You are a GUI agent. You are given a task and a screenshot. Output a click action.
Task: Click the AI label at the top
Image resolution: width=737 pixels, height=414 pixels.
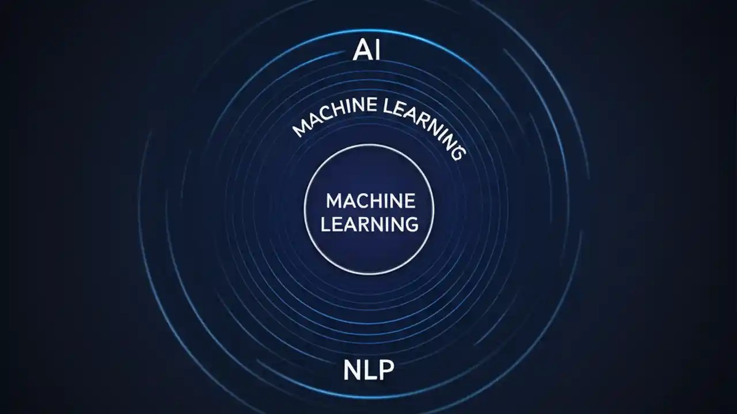(x=367, y=51)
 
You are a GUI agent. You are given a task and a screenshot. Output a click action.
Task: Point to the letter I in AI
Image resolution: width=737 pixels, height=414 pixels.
(x=377, y=51)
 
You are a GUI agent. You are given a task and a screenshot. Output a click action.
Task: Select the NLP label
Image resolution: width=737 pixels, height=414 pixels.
(x=368, y=370)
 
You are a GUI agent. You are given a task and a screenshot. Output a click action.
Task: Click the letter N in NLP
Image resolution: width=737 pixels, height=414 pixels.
(x=352, y=370)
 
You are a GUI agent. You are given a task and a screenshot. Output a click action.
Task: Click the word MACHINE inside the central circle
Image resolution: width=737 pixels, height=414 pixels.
(x=370, y=201)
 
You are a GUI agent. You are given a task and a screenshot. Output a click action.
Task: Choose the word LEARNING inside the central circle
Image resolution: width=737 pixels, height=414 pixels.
(x=370, y=224)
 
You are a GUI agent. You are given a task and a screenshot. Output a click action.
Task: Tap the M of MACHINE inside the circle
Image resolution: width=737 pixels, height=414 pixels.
(x=333, y=201)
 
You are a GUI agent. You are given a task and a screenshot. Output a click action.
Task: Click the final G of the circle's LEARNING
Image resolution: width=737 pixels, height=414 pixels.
(x=411, y=224)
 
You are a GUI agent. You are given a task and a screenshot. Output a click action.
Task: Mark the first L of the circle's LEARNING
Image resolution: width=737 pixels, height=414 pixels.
(x=325, y=224)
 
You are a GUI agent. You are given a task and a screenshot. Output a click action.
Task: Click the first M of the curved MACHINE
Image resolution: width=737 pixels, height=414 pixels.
(x=299, y=131)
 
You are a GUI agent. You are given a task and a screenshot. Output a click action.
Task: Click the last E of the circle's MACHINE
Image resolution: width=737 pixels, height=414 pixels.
(x=408, y=201)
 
